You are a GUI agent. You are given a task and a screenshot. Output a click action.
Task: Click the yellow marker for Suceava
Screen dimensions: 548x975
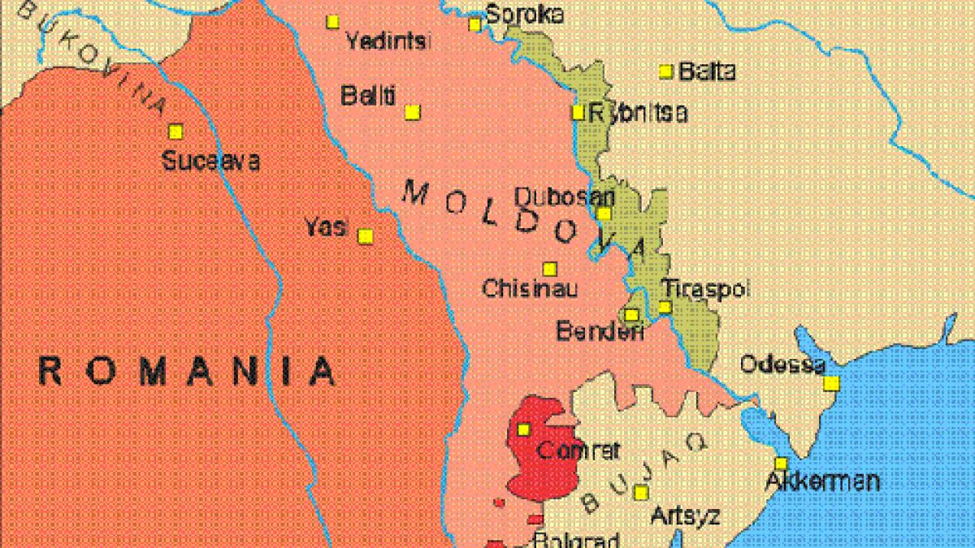tap(175, 131)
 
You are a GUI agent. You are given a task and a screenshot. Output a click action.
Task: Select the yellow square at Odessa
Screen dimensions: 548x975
tap(831, 383)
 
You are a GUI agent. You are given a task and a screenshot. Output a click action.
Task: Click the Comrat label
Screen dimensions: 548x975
tap(579, 450)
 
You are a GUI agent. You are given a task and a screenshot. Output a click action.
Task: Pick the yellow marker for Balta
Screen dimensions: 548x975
tap(666, 71)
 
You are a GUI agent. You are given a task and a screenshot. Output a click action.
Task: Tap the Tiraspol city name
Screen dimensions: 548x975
tap(704, 288)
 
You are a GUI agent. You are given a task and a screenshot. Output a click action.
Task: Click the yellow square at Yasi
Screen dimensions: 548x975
tap(366, 236)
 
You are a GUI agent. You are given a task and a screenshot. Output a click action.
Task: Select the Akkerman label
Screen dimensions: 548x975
tap(822, 481)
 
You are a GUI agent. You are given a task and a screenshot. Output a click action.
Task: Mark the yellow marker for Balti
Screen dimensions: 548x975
tap(413, 112)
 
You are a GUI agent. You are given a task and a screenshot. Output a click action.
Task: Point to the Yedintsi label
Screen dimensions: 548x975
tap(388, 42)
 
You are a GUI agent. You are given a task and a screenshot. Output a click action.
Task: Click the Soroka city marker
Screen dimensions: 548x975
tap(475, 25)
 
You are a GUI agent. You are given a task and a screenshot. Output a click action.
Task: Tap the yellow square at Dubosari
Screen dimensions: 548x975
tap(604, 214)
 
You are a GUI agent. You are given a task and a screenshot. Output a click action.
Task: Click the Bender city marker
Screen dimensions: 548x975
tap(631, 315)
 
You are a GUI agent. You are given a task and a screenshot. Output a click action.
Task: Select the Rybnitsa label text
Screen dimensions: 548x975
tap(638, 114)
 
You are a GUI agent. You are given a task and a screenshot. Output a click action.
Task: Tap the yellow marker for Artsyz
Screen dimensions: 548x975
tap(641, 492)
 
